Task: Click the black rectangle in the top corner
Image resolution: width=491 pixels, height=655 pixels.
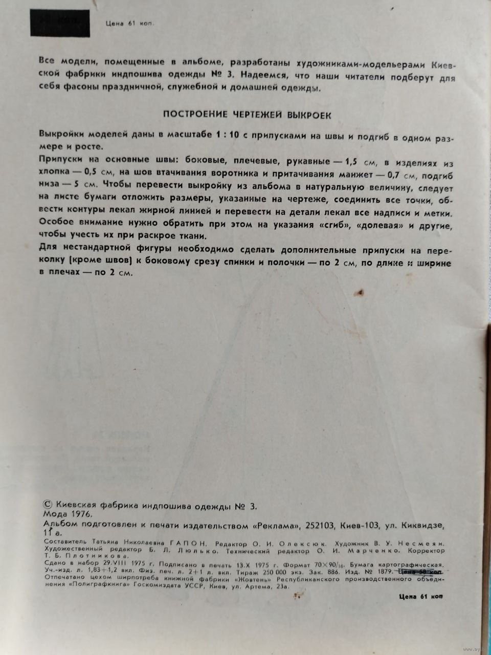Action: pyautogui.click(x=60, y=23)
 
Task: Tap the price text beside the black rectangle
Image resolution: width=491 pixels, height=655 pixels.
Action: pyautogui.click(x=129, y=23)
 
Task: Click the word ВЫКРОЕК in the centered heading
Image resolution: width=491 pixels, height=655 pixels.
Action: pyautogui.click(x=305, y=115)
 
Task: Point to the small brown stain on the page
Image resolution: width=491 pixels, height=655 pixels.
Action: pyautogui.click(x=361, y=293)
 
